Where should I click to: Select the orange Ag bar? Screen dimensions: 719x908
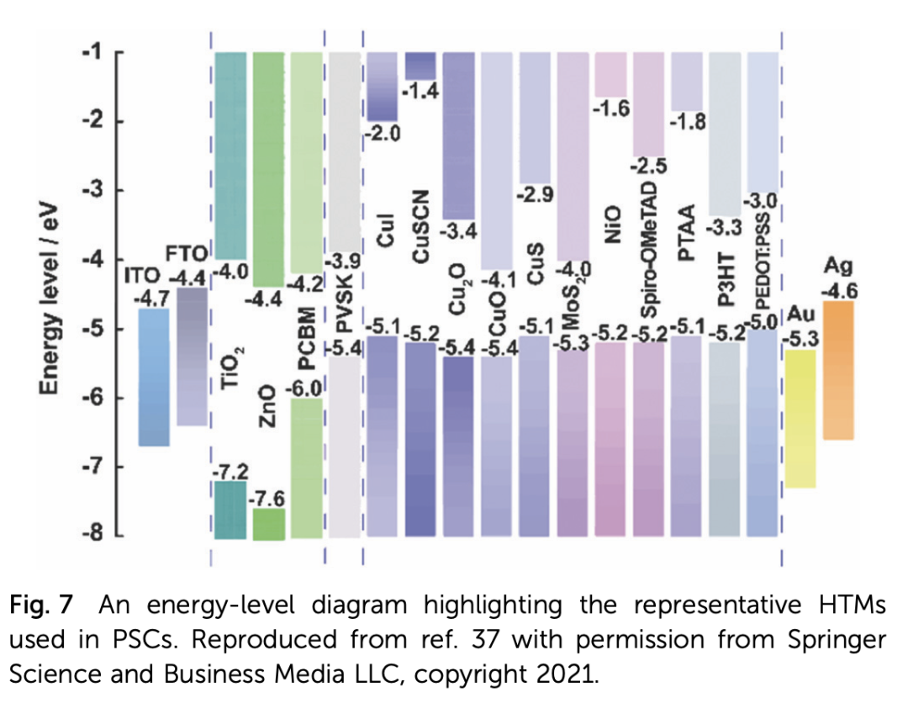click(838, 370)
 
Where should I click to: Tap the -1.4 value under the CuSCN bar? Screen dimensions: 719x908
click(420, 93)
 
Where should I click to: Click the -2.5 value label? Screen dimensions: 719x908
click(649, 167)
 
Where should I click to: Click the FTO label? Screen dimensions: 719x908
click(186, 251)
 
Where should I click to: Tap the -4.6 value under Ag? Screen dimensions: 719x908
click(839, 290)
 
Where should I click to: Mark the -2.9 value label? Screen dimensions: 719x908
click(535, 194)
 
